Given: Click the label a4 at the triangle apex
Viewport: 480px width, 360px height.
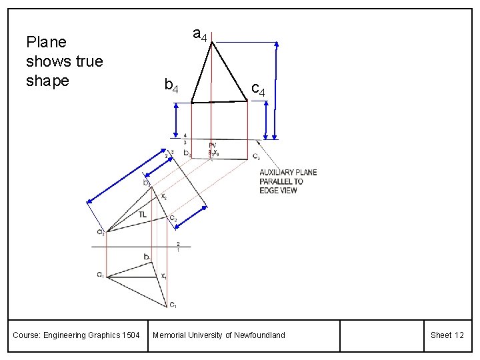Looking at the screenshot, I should click(199, 33).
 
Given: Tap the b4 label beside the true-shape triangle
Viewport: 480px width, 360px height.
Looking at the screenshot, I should click(171, 85).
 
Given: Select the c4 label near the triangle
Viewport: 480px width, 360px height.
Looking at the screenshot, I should click(258, 89).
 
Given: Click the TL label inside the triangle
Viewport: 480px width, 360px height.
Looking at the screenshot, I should click(143, 214).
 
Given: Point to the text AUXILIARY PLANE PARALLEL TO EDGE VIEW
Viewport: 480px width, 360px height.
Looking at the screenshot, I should click(288, 181).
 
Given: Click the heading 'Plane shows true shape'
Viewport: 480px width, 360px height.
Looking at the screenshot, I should click(64, 61).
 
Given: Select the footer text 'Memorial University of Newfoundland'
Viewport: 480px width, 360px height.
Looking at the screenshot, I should click(219, 335).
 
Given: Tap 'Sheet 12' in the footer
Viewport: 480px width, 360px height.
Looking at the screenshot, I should click(447, 335).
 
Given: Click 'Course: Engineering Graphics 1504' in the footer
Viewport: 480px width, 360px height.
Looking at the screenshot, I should click(76, 335).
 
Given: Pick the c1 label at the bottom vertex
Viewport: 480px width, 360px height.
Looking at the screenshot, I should click(172, 305).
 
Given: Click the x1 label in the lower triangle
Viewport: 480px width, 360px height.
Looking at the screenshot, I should click(163, 275).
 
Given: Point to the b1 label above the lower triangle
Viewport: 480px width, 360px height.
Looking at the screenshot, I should click(147, 257).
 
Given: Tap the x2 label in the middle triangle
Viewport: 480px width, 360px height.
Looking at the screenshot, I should click(164, 197).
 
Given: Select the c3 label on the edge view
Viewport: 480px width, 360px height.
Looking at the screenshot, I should click(256, 156).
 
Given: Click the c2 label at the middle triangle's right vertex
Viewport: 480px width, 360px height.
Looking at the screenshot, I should click(172, 218).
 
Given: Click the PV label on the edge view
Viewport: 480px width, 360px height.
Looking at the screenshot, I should click(212, 145).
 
